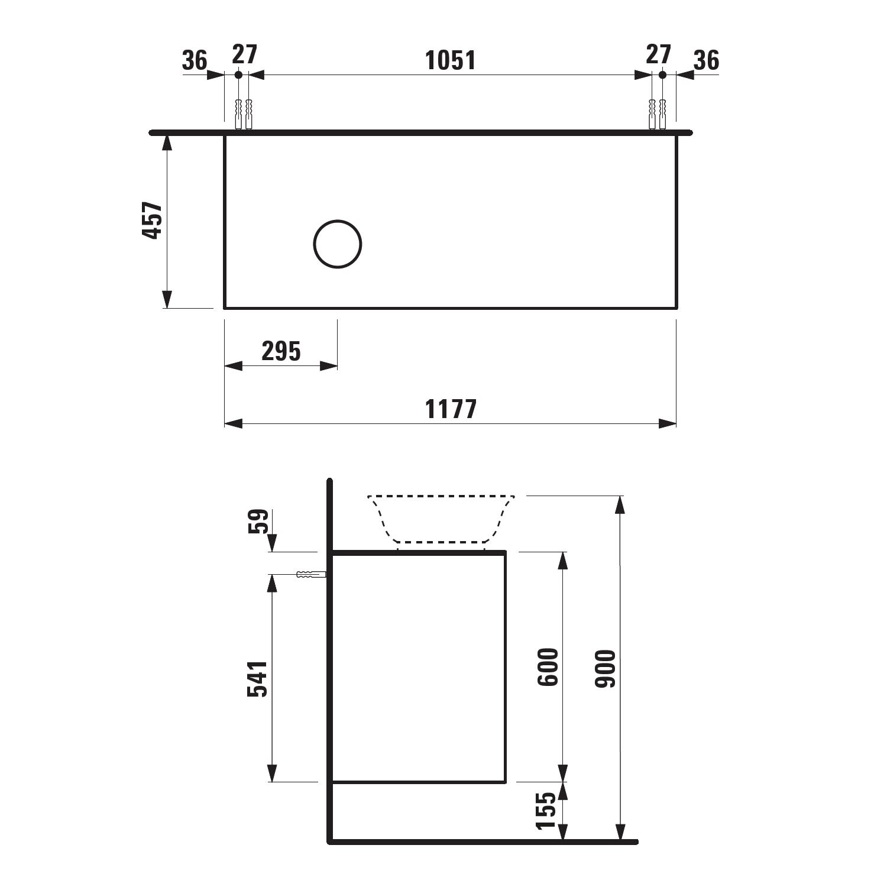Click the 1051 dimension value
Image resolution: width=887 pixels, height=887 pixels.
click(451, 60)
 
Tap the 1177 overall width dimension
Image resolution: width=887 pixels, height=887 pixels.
click(451, 409)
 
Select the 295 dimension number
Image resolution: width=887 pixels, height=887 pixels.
click(281, 351)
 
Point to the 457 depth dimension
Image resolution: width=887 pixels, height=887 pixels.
click(153, 221)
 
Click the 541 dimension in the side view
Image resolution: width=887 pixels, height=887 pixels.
click(257, 679)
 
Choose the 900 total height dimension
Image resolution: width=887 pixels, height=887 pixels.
click(606, 668)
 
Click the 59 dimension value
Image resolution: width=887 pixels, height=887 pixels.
click(258, 522)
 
